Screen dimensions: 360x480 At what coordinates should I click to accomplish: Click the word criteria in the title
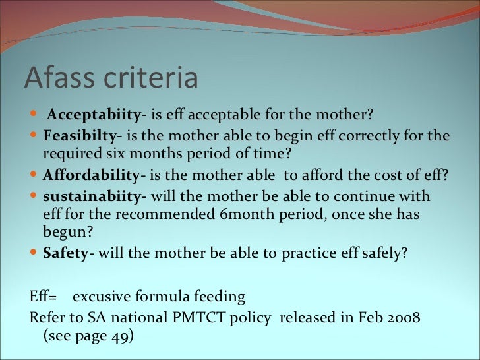tap(152, 78)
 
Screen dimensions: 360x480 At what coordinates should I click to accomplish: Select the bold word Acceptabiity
tap(93, 117)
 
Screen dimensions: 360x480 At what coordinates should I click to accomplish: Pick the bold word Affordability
tap(91, 176)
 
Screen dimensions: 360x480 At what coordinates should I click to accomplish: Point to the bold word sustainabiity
tap(92, 196)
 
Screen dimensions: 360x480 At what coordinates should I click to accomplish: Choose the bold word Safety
tap(65, 253)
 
